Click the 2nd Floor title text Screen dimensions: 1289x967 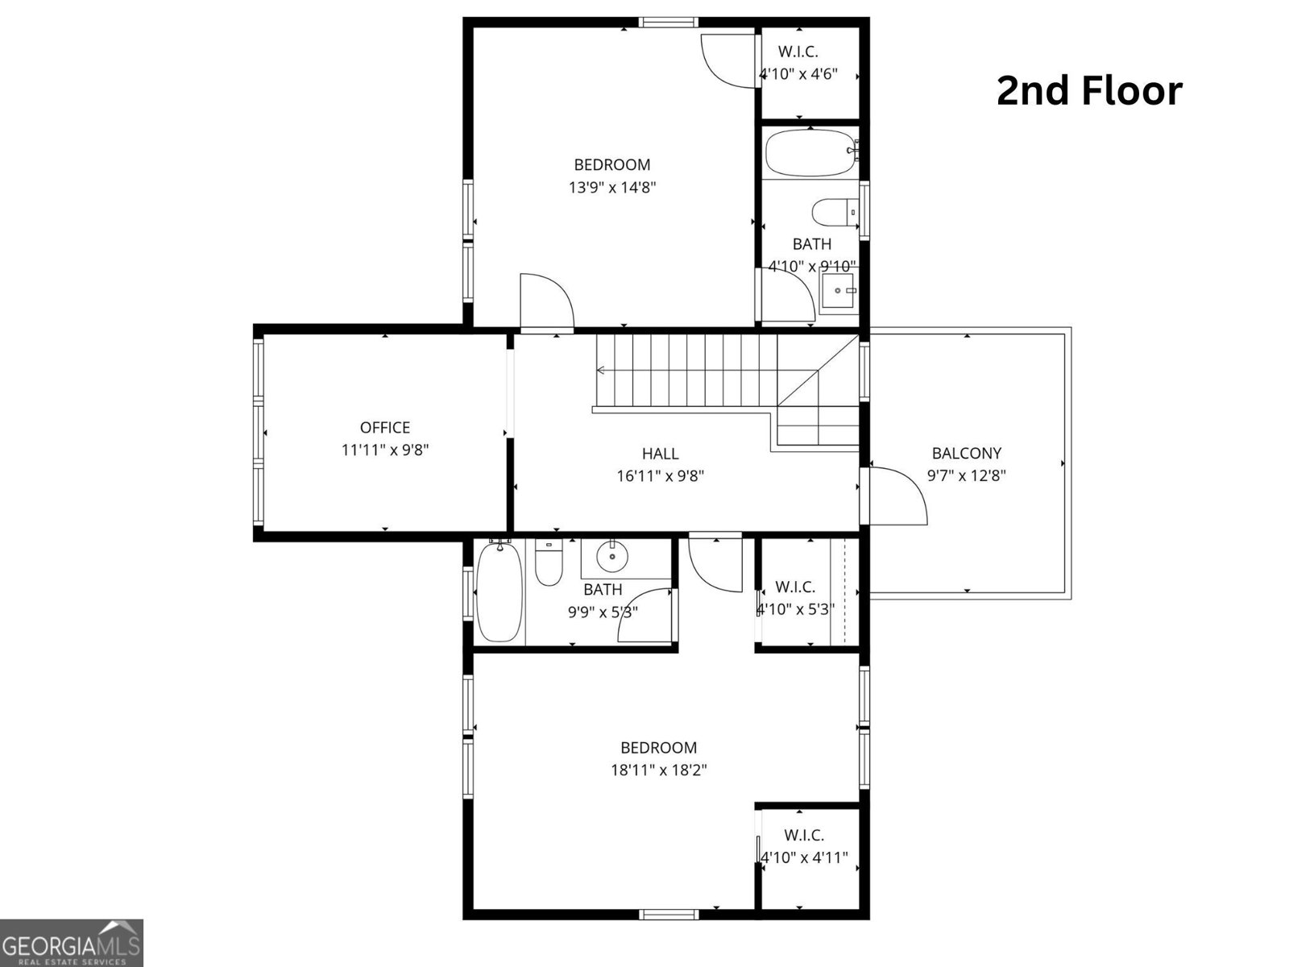coord(1089,92)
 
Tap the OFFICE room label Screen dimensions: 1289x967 coord(384,427)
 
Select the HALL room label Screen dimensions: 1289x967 coord(660,453)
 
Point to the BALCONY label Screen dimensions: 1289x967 coord(967,453)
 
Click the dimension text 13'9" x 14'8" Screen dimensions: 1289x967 coord(612,187)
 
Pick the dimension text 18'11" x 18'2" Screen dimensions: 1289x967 coord(659,770)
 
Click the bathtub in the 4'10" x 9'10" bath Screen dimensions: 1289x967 coord(812,152)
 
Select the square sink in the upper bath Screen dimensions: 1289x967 coord(839,290)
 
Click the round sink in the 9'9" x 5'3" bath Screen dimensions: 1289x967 coord(612,555)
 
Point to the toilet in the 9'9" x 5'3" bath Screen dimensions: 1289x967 coord(549,562)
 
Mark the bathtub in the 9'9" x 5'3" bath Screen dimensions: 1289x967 coord(499,591)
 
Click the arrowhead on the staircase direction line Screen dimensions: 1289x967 coord(600,370)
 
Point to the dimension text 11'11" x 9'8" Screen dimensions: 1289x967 coord(385,450)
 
